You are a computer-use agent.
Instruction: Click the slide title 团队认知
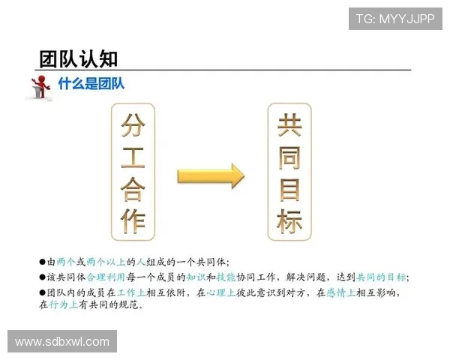[78, 58]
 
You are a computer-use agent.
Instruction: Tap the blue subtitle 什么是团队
[91, 84]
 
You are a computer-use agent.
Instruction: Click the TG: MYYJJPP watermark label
[394, 19]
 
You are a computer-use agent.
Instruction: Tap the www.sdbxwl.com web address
[62, 342]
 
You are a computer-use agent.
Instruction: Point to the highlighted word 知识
[196, 277]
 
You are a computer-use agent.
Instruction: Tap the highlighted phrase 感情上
[340, 292]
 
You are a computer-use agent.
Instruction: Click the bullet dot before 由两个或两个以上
[43, 262]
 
